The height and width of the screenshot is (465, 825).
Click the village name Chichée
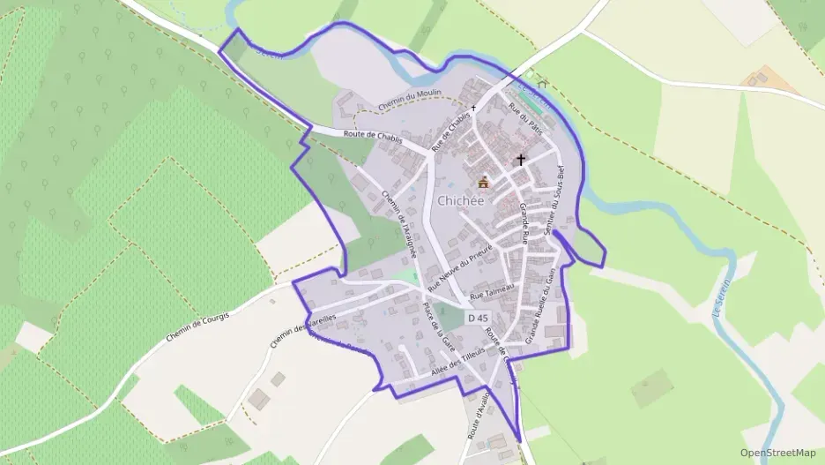click(x=483, y=200)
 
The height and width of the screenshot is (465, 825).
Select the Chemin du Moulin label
click(x=409, y=103)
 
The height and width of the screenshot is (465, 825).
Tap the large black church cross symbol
click(x=521, y=161)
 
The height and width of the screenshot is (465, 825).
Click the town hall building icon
click(x=483, y=183)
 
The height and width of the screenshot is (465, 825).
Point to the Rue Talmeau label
click(x=490, y=296)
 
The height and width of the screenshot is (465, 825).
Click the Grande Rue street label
click(x=524, y=223)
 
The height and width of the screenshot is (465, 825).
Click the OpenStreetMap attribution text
click(x=777, y=453)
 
